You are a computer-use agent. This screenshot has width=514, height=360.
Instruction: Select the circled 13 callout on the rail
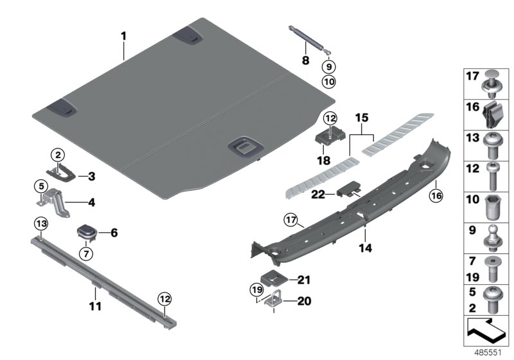[x=40, y=224]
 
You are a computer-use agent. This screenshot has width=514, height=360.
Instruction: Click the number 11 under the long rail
[x=95, y=307]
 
